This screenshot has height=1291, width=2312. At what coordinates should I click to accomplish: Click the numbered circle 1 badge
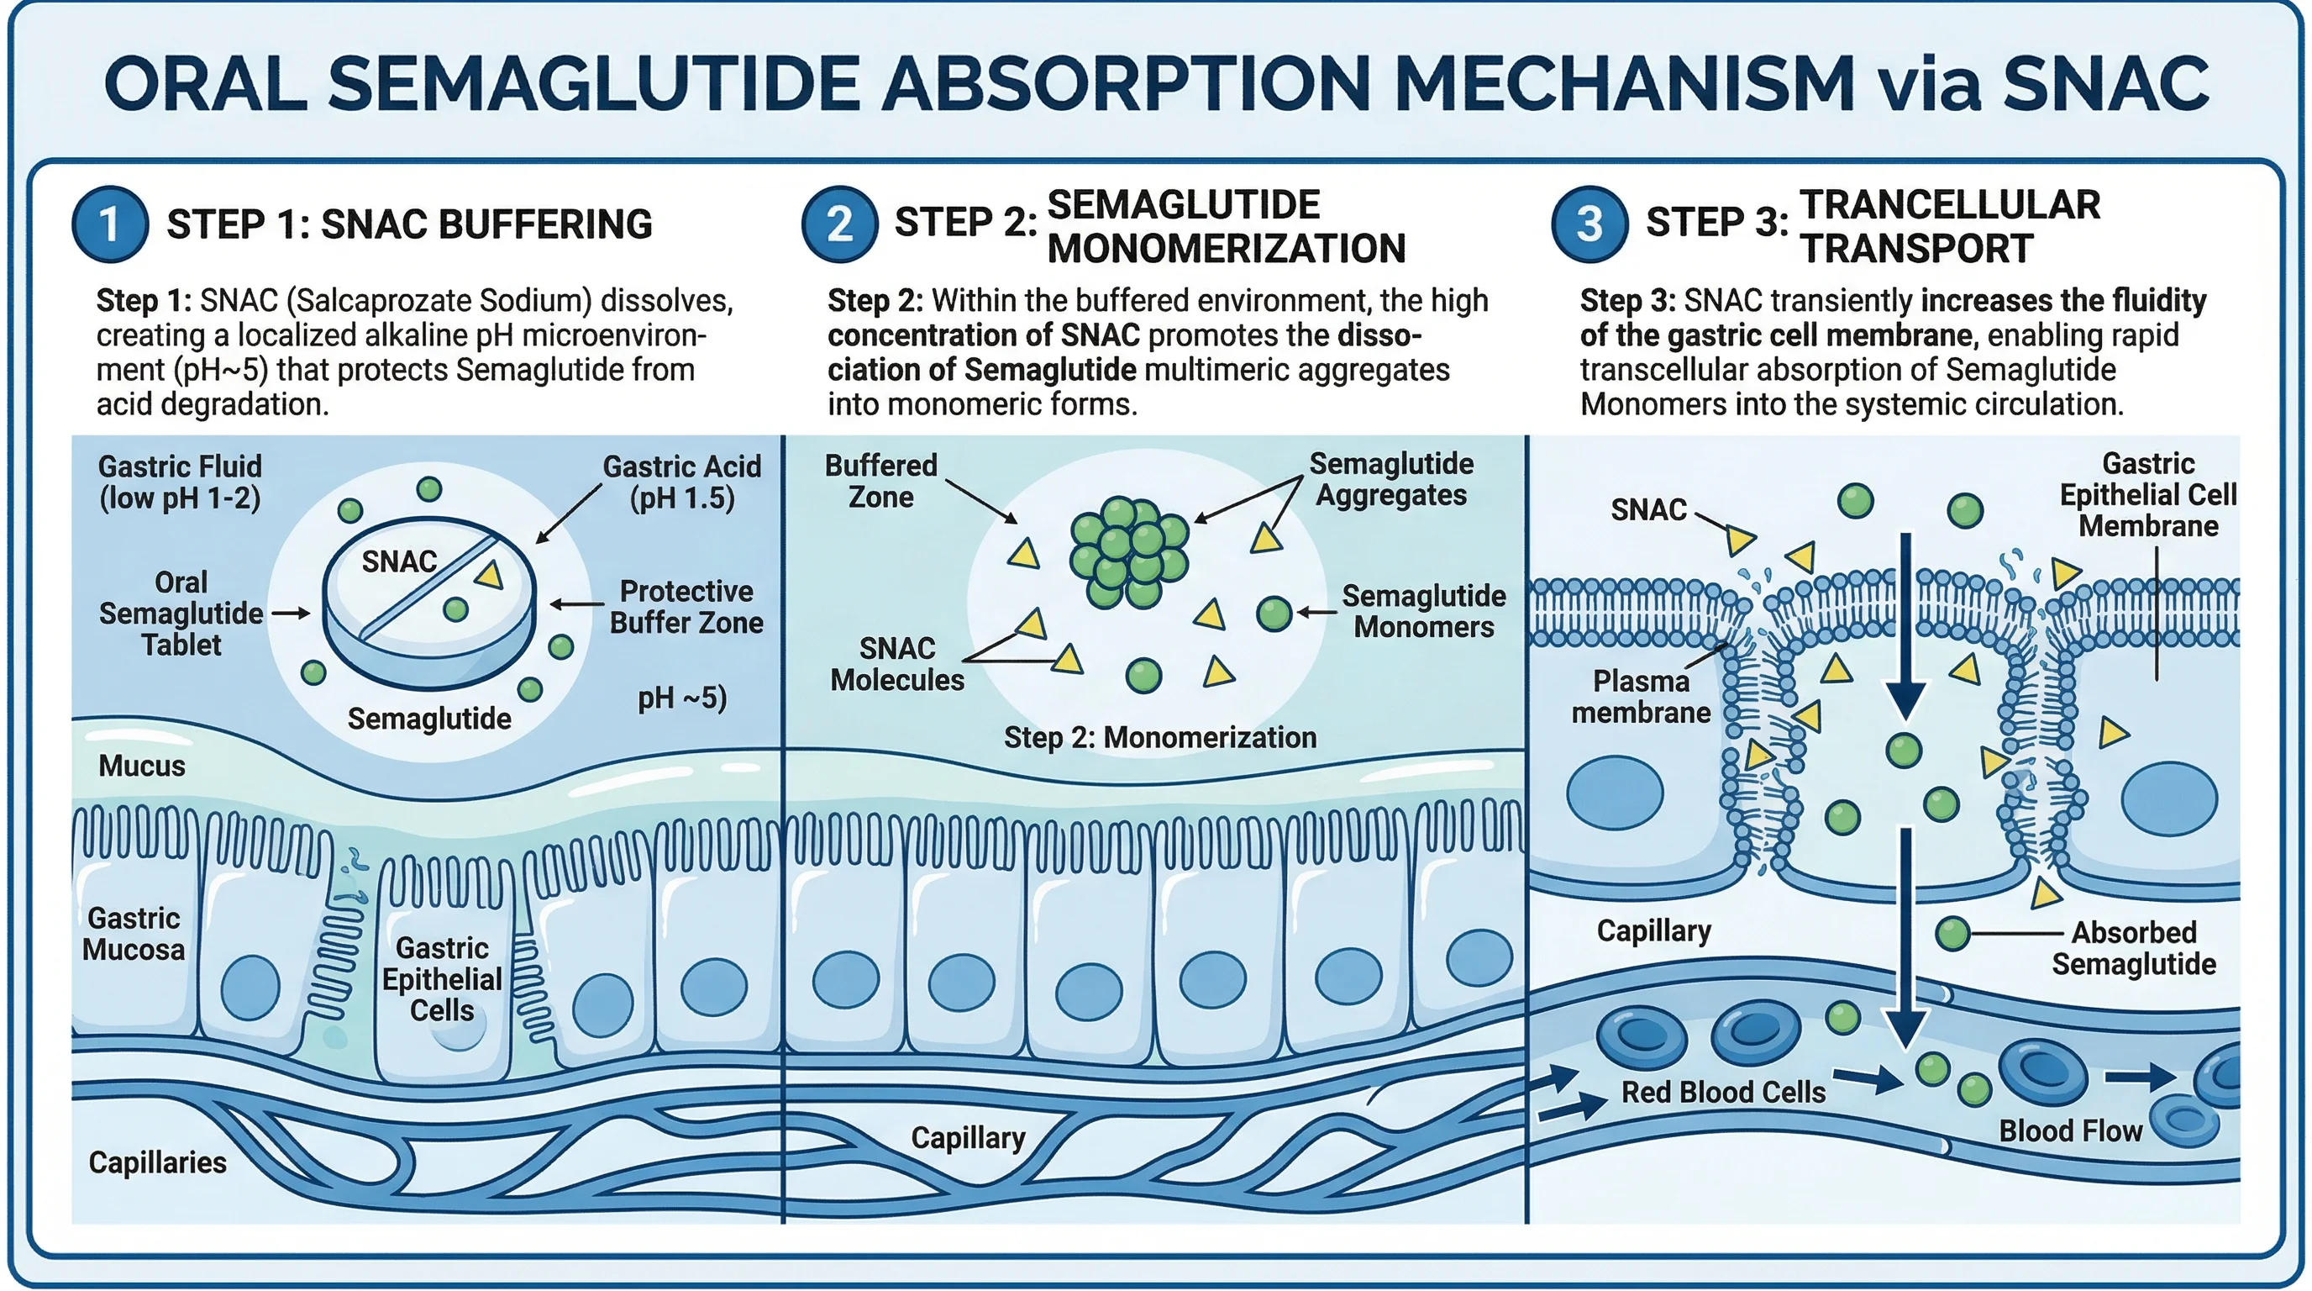tap(109, 224)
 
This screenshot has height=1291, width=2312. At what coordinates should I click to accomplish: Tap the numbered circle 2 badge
tap(839, 224)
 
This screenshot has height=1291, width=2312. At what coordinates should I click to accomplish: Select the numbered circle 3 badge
tap(1589, 224)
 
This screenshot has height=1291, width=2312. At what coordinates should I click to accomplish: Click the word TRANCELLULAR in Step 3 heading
tap(1949, 205)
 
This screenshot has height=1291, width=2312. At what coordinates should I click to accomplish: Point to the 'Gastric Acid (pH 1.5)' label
tap(681, 482)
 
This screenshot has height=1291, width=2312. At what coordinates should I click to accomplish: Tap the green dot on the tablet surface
tap(456, 609)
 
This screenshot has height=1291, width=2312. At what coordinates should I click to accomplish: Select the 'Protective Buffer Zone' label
tap(686, 607)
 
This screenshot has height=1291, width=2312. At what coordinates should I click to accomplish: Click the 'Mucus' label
tap(142, 766)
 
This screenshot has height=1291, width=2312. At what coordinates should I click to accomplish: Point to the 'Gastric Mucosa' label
tap(134, 934)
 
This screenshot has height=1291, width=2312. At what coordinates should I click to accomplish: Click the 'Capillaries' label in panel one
tap(157, 1162)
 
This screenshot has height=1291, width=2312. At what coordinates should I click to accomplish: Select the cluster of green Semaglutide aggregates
tap(1129, 552)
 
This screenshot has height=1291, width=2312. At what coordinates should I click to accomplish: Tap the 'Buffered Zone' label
tap(880, 482)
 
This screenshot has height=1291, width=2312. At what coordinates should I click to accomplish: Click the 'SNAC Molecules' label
tap(896, 664)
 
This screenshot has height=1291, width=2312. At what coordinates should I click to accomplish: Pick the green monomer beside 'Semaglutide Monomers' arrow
tap(1274, 614)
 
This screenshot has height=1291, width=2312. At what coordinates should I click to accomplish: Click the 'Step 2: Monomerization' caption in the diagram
tap(1159, 737)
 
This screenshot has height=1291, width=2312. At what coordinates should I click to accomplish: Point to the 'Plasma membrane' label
tap(1641, 697)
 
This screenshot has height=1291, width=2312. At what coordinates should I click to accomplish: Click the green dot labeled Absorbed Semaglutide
tap(1952, 934)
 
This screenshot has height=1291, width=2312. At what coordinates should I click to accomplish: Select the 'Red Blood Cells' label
tap(1722, 1092)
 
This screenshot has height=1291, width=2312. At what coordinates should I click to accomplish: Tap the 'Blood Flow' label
tap(2070, 1130)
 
